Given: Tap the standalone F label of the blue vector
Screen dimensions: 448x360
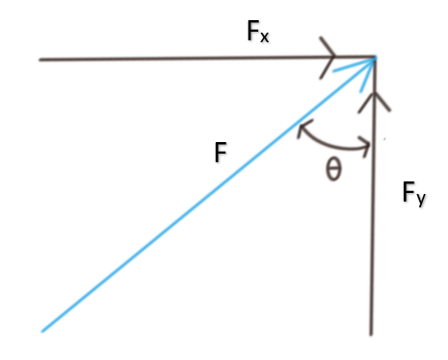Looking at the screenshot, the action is coord(221,152).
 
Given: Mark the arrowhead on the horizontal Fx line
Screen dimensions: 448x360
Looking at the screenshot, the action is coord(330,60).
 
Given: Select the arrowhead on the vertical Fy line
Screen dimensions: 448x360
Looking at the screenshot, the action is coord(371,99).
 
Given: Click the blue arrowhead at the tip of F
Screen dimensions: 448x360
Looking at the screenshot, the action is coord(365,65).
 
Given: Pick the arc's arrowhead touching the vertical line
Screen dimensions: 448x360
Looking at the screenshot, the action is coord(365,147).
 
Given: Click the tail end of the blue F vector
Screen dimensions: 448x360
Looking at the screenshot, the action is coord(43,331).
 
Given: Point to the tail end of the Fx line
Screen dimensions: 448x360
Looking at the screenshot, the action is coord(40,60).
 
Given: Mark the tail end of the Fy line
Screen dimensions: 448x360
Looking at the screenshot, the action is coord(370,333).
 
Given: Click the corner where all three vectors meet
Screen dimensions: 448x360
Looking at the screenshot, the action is coord(373,59).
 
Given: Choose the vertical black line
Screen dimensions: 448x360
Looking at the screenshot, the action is coord(371,240).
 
